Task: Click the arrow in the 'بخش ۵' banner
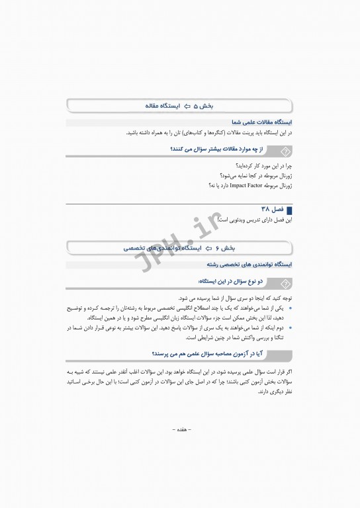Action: point(188,106)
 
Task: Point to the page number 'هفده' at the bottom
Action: point(180,429)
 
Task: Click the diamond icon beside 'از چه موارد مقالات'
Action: point(285,151)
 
